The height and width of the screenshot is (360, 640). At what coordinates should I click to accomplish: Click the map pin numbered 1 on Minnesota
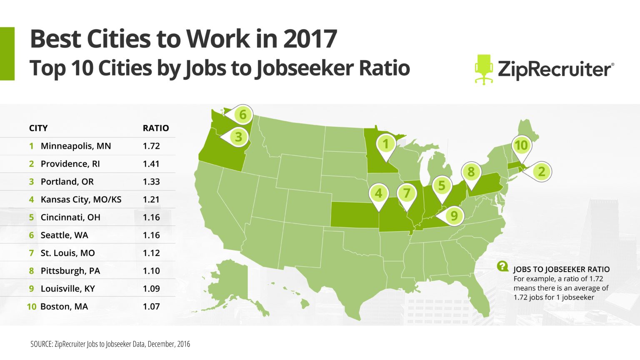point(386,144)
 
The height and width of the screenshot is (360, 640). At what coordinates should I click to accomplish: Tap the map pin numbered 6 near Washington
point(242,115)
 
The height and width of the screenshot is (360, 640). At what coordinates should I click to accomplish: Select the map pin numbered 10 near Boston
point(521,145)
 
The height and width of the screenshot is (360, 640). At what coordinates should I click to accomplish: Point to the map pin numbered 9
point(454,216)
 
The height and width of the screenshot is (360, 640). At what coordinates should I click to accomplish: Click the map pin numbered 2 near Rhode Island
point(541,171)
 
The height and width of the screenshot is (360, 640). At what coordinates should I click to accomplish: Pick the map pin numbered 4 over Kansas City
point(378,193)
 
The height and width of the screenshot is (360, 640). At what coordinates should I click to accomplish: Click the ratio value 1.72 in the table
point(151,146)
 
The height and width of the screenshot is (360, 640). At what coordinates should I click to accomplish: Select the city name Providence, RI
point(70,164)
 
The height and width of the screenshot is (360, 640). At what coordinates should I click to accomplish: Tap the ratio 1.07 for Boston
point(151,307)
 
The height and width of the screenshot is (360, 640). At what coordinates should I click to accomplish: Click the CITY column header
point(38,128)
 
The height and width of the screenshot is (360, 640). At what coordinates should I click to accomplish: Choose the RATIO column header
point(156,128)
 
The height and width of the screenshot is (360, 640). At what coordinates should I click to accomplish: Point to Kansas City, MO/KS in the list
point(81,200)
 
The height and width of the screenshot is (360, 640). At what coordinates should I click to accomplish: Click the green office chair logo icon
point(484,69)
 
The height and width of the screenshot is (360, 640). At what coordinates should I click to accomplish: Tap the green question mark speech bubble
point(502,266)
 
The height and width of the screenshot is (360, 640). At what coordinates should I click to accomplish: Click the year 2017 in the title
point(310,39)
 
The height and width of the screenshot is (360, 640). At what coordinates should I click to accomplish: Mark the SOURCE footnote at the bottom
point(110,344)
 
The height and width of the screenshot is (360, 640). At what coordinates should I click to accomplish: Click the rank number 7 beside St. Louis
point(31,253)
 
